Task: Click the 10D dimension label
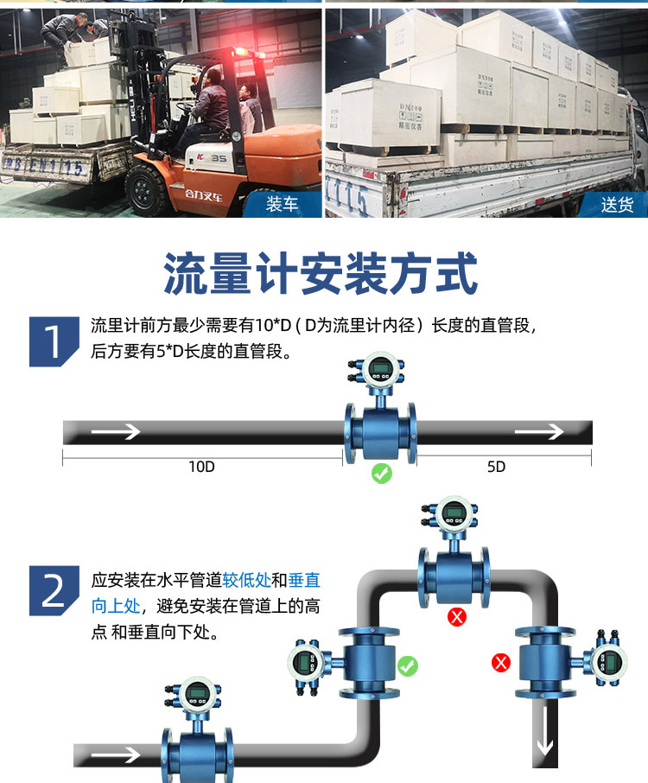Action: tap(201, 467)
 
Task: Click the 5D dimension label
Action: tap(496, 467)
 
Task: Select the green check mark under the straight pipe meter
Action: tap(381, 474)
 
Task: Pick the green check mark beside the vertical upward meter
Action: tap(408, 665)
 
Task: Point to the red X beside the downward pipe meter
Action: tap(501, 663)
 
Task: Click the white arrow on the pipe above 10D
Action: tap(116, 432)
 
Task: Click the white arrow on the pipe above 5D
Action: tap(537, 432)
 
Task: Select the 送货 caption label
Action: tap(617, 206)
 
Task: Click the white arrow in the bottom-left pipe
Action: tap(116, 755)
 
